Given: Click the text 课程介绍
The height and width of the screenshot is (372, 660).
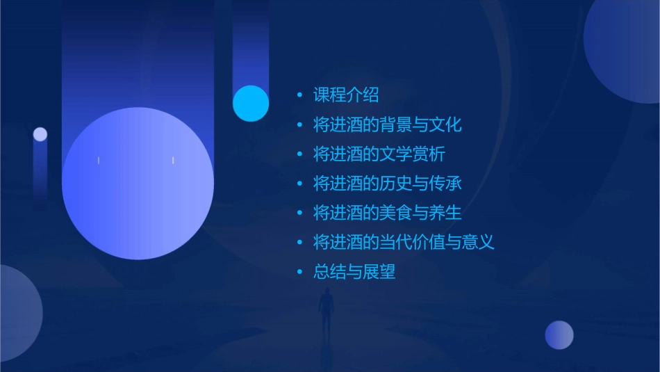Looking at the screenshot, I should [346, 95].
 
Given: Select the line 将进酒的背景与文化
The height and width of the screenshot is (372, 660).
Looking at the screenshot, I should [387, 125].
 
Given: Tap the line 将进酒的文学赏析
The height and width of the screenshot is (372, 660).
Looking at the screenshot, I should [379, 154].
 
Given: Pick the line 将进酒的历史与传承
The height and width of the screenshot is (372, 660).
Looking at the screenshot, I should [387, 184].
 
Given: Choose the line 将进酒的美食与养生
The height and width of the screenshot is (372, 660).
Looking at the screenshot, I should [387, 213].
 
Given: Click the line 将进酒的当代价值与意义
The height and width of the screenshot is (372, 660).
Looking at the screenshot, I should [404, 242].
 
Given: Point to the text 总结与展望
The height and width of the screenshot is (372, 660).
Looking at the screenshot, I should [354, 272].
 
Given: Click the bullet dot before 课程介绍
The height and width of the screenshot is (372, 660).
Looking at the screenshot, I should [299, 95].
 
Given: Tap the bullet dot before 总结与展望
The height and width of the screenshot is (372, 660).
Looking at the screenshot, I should [299, 272].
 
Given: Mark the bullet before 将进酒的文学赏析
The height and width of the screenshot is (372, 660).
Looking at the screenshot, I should [299, 154].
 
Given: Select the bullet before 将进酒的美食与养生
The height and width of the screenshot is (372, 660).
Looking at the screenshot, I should [299, 213].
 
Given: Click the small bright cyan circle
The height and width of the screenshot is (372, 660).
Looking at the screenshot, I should [251, 103].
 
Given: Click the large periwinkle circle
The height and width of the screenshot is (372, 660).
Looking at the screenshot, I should [138, 184].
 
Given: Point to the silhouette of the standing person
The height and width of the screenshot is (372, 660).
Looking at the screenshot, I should [327, 309].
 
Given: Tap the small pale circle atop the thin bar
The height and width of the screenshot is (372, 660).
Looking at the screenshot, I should [40, 134].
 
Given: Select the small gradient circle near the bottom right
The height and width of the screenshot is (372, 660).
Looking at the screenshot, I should [559, 335].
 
